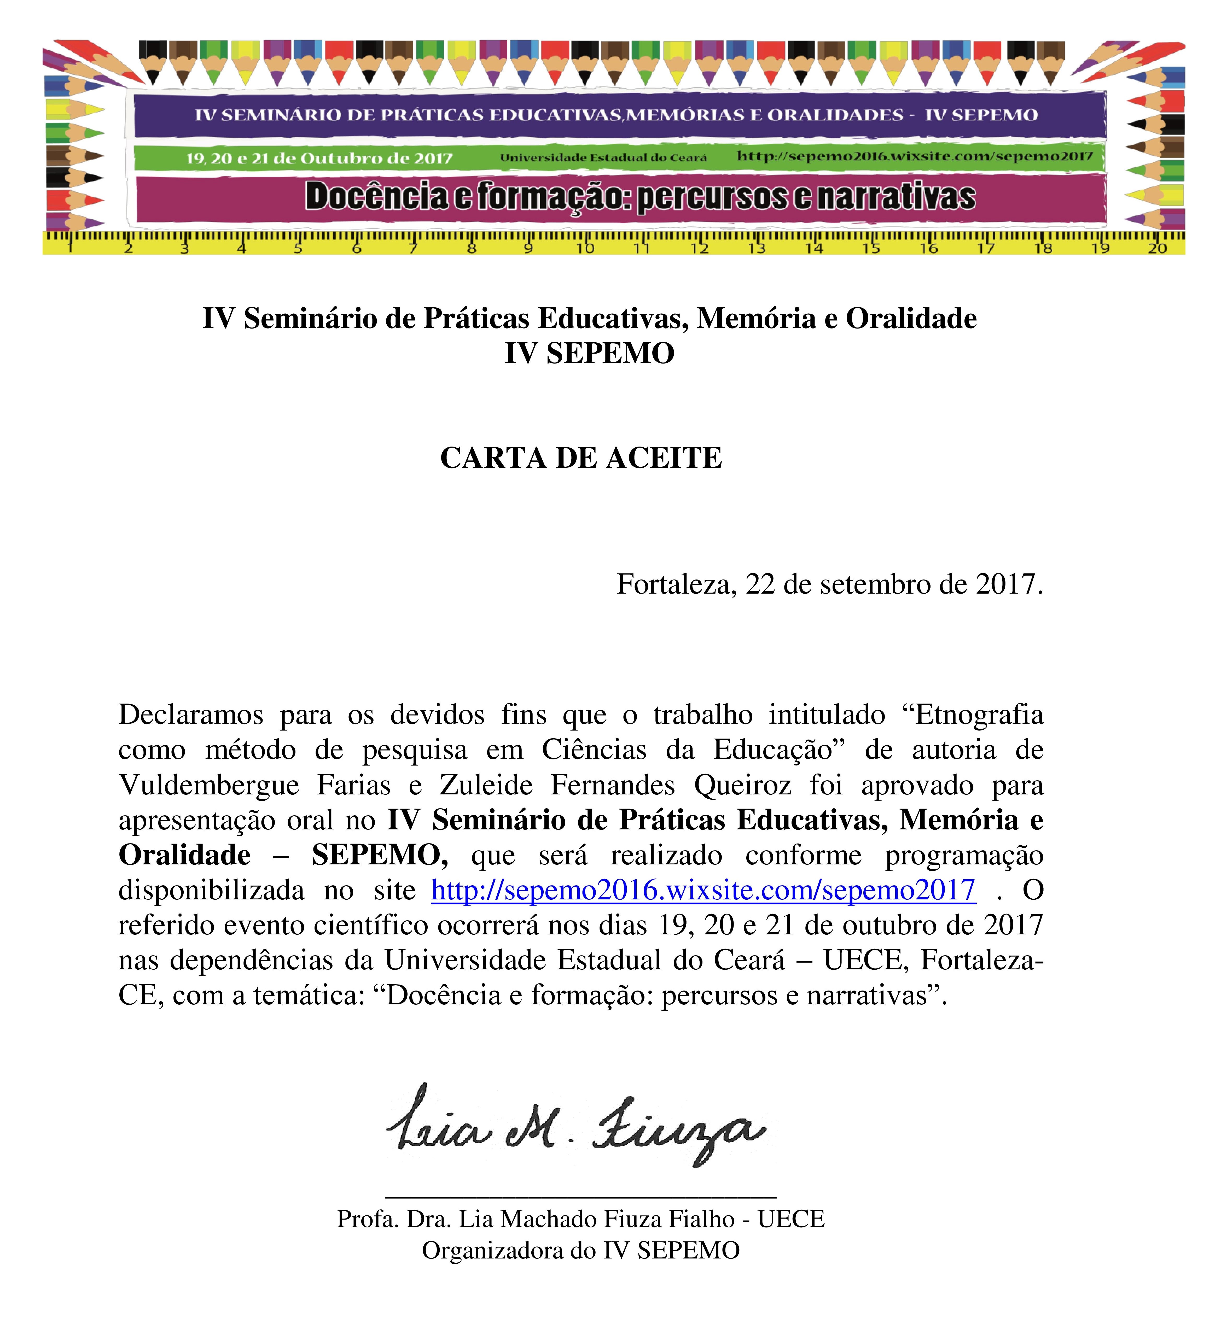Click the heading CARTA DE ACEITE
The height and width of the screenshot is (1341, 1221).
581,458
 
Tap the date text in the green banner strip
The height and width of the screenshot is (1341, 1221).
319,158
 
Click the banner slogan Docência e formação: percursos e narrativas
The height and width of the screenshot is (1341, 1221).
640,197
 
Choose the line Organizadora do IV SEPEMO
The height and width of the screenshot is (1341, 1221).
581,1251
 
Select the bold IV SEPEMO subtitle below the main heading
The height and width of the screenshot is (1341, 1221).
590,353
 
